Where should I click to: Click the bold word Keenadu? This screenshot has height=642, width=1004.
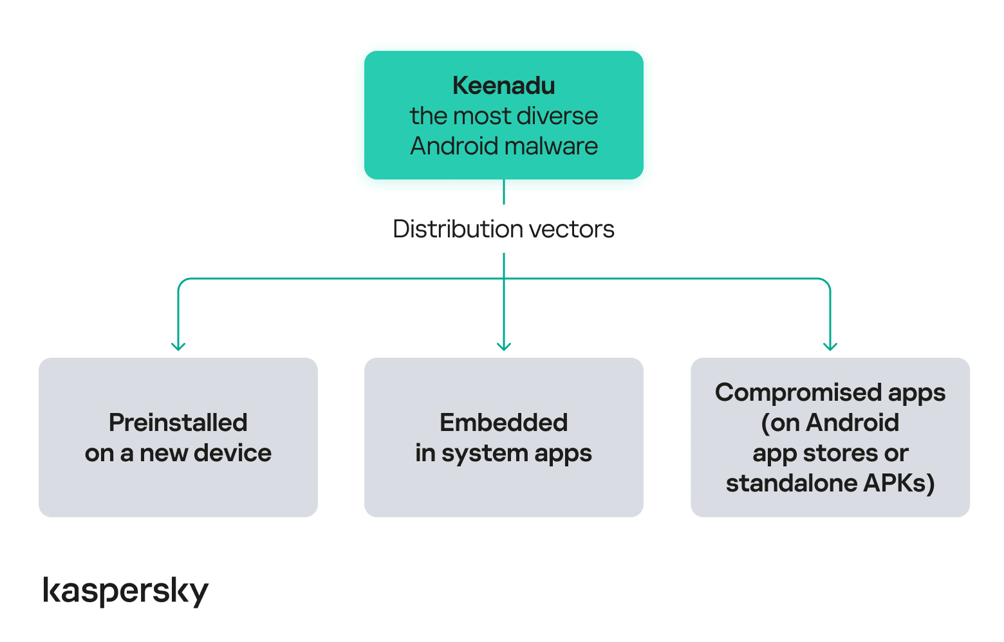click(503, 86)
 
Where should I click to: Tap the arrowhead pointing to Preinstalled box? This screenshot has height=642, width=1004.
click(178, 346)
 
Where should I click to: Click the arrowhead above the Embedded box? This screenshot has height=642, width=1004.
click(504, 346)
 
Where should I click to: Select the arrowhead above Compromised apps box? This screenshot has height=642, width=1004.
click(830, 346)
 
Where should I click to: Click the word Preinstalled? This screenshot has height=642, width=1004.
click(178, 423)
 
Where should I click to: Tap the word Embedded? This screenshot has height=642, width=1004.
click(503, 423)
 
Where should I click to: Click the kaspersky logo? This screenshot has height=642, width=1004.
click(126, 591)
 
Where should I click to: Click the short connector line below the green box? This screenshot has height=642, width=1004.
click(504, 192)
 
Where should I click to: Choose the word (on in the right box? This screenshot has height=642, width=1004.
click(780, 423)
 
